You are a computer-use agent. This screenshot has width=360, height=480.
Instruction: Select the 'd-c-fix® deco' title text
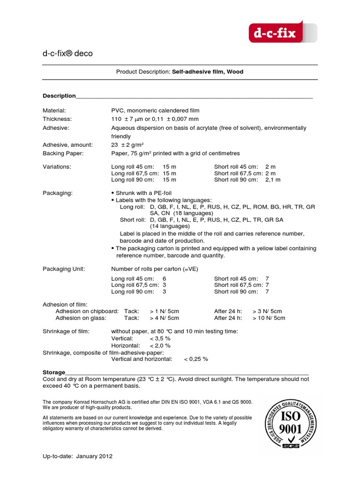coord(67,53)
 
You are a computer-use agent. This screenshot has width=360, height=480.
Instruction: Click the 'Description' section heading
coord(59,96)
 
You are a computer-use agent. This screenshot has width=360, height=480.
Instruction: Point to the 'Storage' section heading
coord(54,372)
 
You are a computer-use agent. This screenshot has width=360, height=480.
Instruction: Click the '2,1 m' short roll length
coord(273,180)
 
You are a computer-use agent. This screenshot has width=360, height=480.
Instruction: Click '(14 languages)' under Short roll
coord(170,226)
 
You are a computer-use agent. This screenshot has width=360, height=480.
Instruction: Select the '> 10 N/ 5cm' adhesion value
coord(269,318)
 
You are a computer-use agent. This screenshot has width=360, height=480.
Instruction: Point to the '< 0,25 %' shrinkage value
coord(196,359)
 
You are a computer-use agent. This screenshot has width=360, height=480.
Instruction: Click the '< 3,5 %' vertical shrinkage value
coord(160,338)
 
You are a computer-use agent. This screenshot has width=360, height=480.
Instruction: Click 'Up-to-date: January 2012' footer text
coord(77,456)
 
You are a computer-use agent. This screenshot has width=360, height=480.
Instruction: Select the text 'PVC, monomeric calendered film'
coord(155,111)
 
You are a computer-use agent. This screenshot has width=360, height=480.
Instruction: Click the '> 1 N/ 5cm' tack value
coord(165,311)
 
